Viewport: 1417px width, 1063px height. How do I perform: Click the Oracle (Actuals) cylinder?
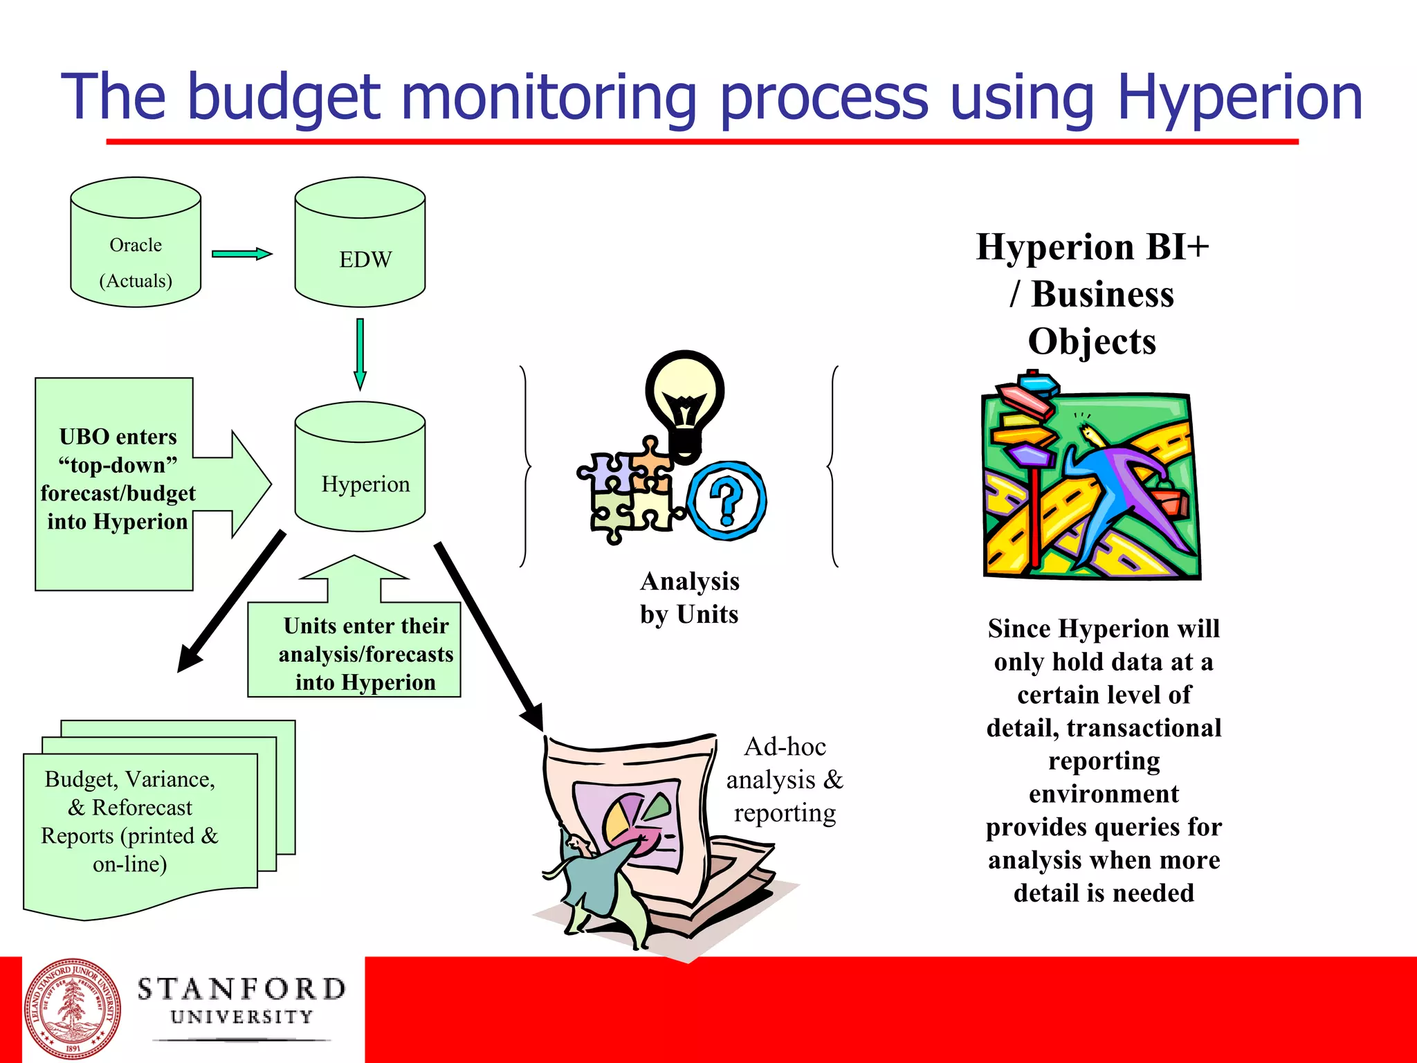click(136, 249)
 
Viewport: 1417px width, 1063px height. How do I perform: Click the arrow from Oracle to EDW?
click(241, 254)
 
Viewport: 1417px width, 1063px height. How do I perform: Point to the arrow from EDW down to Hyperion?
click(360, 354)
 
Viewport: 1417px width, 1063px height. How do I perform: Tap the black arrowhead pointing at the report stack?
click(190, 657)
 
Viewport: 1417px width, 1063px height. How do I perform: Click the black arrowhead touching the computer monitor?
click(532, 717)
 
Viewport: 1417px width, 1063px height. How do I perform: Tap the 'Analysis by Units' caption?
click(689, 598)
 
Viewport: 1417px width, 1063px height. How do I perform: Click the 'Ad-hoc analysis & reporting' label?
click(785, 780)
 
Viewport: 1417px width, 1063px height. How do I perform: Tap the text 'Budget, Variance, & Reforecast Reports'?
click(130, 821)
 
